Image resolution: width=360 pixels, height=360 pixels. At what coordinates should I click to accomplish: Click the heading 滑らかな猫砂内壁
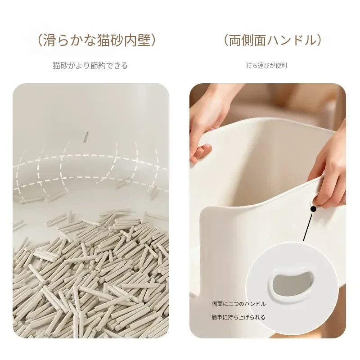point(97,40)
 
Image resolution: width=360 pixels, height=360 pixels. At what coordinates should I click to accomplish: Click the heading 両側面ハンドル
point(273,40)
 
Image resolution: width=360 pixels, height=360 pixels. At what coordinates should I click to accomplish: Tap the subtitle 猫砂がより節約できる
point(90,66)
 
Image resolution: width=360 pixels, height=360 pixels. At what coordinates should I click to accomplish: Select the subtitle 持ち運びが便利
point(266,66)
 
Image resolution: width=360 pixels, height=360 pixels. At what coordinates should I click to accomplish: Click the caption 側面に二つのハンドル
point(238,304)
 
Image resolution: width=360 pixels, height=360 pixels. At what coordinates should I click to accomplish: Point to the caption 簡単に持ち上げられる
point(238,317)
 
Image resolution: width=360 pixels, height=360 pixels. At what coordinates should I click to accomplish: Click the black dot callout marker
point(314,209)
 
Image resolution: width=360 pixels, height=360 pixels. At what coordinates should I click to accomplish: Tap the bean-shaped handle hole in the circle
point(290,284)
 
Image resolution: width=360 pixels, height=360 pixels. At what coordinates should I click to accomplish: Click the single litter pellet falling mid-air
point(86,138)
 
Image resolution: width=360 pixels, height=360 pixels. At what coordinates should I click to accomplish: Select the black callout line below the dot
point(308,227)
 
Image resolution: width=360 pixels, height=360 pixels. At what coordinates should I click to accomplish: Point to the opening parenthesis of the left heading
point(40,40)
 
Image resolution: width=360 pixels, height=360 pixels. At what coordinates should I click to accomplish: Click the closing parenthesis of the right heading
point(319,40)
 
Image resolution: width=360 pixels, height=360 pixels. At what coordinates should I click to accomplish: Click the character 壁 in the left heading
point(144,40)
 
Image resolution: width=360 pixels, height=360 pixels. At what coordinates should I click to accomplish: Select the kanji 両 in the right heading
point(235,40)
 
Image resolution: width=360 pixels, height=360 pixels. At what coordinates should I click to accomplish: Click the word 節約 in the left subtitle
point(98,66)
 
